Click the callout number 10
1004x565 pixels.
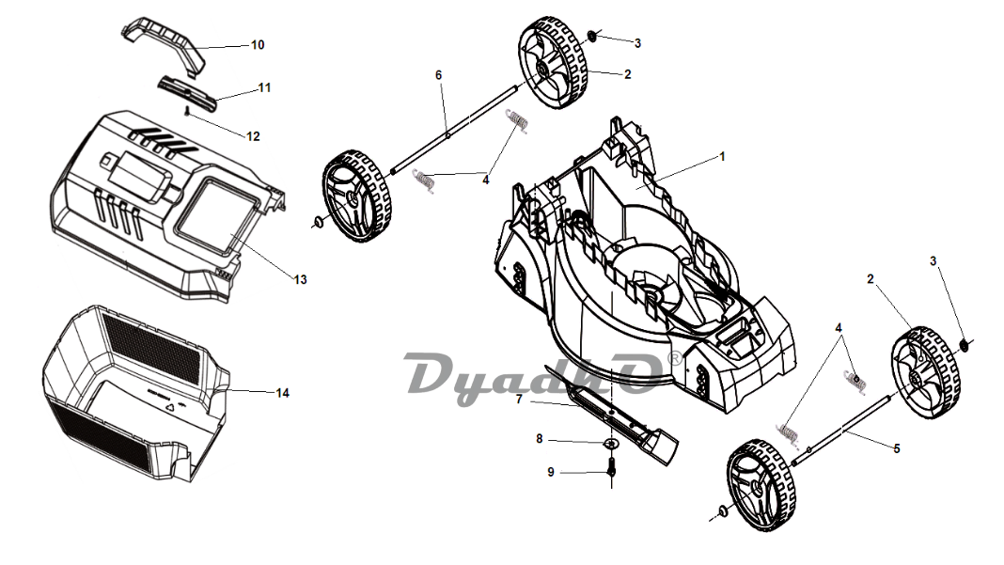click(258, 45)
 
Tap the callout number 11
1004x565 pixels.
click(264, 87)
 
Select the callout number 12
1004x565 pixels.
click(253, 136)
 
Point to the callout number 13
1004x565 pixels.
click(300, 279)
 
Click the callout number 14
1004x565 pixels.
click(282, 393)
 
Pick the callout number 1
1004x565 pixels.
click(722, 156)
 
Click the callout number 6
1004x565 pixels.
click(439, 75)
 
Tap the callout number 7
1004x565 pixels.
click(519, 400)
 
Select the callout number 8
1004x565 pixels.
click(540, 439)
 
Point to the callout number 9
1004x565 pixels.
click(551, 472)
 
